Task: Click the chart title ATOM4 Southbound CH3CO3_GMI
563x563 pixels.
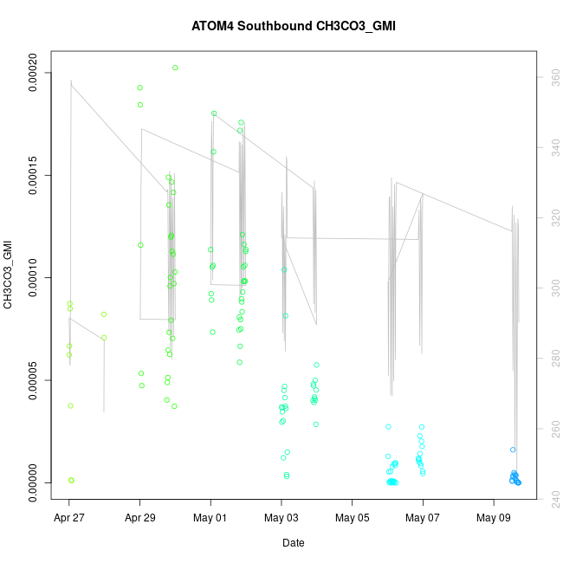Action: [x=294, y=26]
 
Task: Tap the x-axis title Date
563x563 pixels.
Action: [x=293, y=543]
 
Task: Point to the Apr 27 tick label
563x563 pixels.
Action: [x=69, y=518]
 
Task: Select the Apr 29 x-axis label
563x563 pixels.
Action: [x=140, y=518]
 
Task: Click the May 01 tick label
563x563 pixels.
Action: [x=210, y=518]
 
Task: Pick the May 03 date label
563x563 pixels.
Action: [x=281, y=518]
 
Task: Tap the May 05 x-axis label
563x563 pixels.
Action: [x=353, y=518]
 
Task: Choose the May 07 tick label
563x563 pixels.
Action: [x=423, y=518]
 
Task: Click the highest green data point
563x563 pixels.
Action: [x=175, y=68]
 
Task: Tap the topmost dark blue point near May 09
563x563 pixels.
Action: [x=513, y=450]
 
